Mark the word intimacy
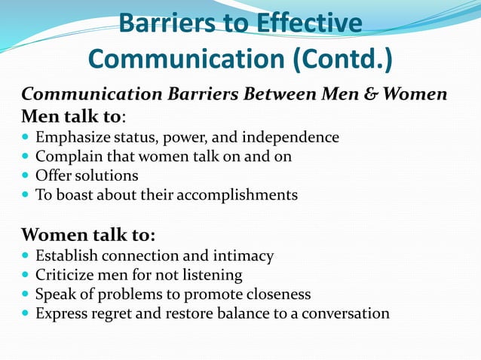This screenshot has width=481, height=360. (245, 256)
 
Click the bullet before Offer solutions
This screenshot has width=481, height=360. (27, 176)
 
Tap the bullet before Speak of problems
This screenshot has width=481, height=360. (27, 294)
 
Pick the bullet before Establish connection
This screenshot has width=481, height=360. (27, 256)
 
